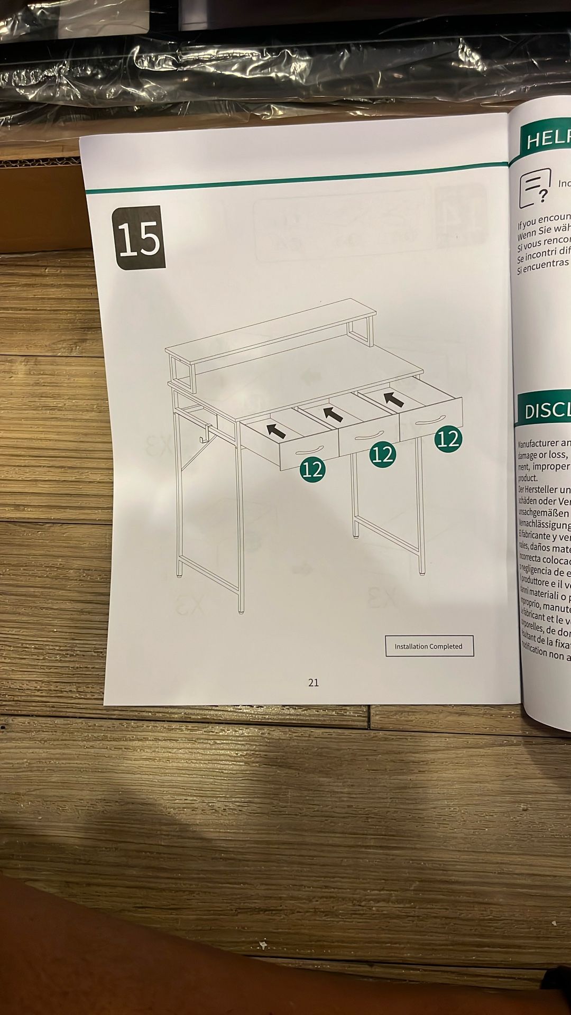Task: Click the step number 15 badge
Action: coord(139,238)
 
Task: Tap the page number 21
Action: coord(314,682)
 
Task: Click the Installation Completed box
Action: coord(429,646)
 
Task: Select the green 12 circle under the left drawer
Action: coord(313,469)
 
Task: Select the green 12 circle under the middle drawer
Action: coord(382,454)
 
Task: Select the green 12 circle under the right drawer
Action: coord(448,439)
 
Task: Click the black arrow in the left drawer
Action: coord(275,430)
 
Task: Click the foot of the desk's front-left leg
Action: coord(241,610)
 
